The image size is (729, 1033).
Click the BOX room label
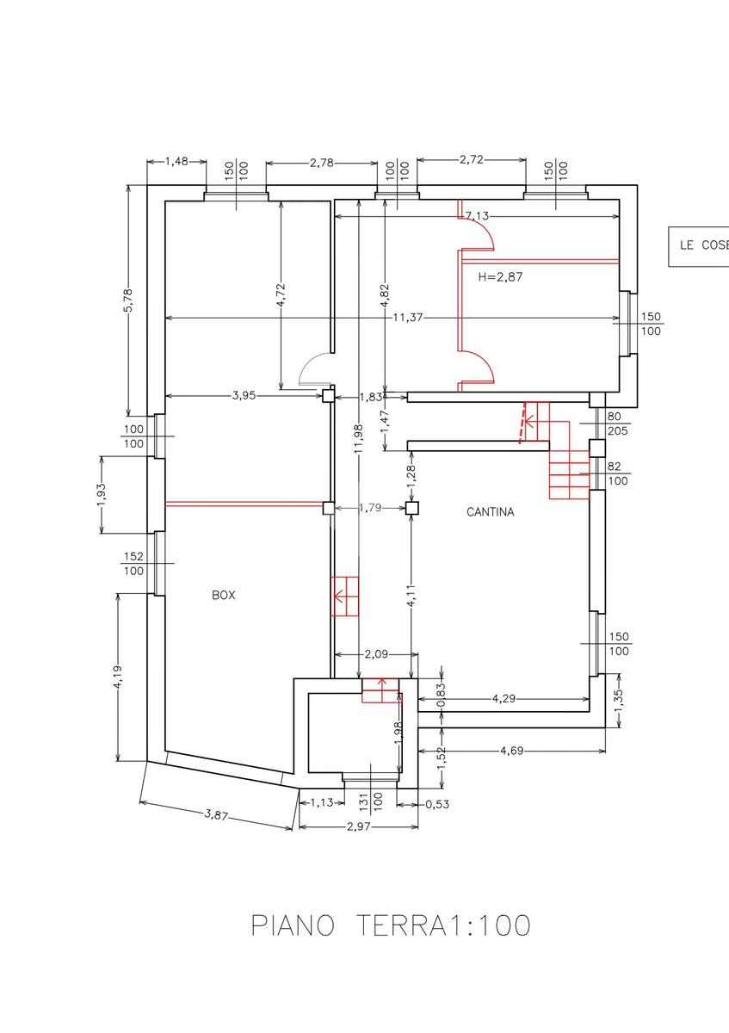224,595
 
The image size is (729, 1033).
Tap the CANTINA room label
490,512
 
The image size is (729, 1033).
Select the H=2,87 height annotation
500,276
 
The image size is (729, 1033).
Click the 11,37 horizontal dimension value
408,318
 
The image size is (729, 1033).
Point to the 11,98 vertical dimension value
359,438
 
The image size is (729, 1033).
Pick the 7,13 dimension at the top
477,215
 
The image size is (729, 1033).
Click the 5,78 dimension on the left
128,300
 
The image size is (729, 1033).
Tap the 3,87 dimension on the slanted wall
216,816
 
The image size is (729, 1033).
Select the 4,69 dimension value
512,751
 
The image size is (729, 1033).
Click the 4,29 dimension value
504,698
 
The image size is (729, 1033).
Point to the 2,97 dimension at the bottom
358,826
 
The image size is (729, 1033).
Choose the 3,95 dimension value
244,396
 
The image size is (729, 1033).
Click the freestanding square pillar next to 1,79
412,508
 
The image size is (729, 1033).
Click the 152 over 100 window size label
133,564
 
